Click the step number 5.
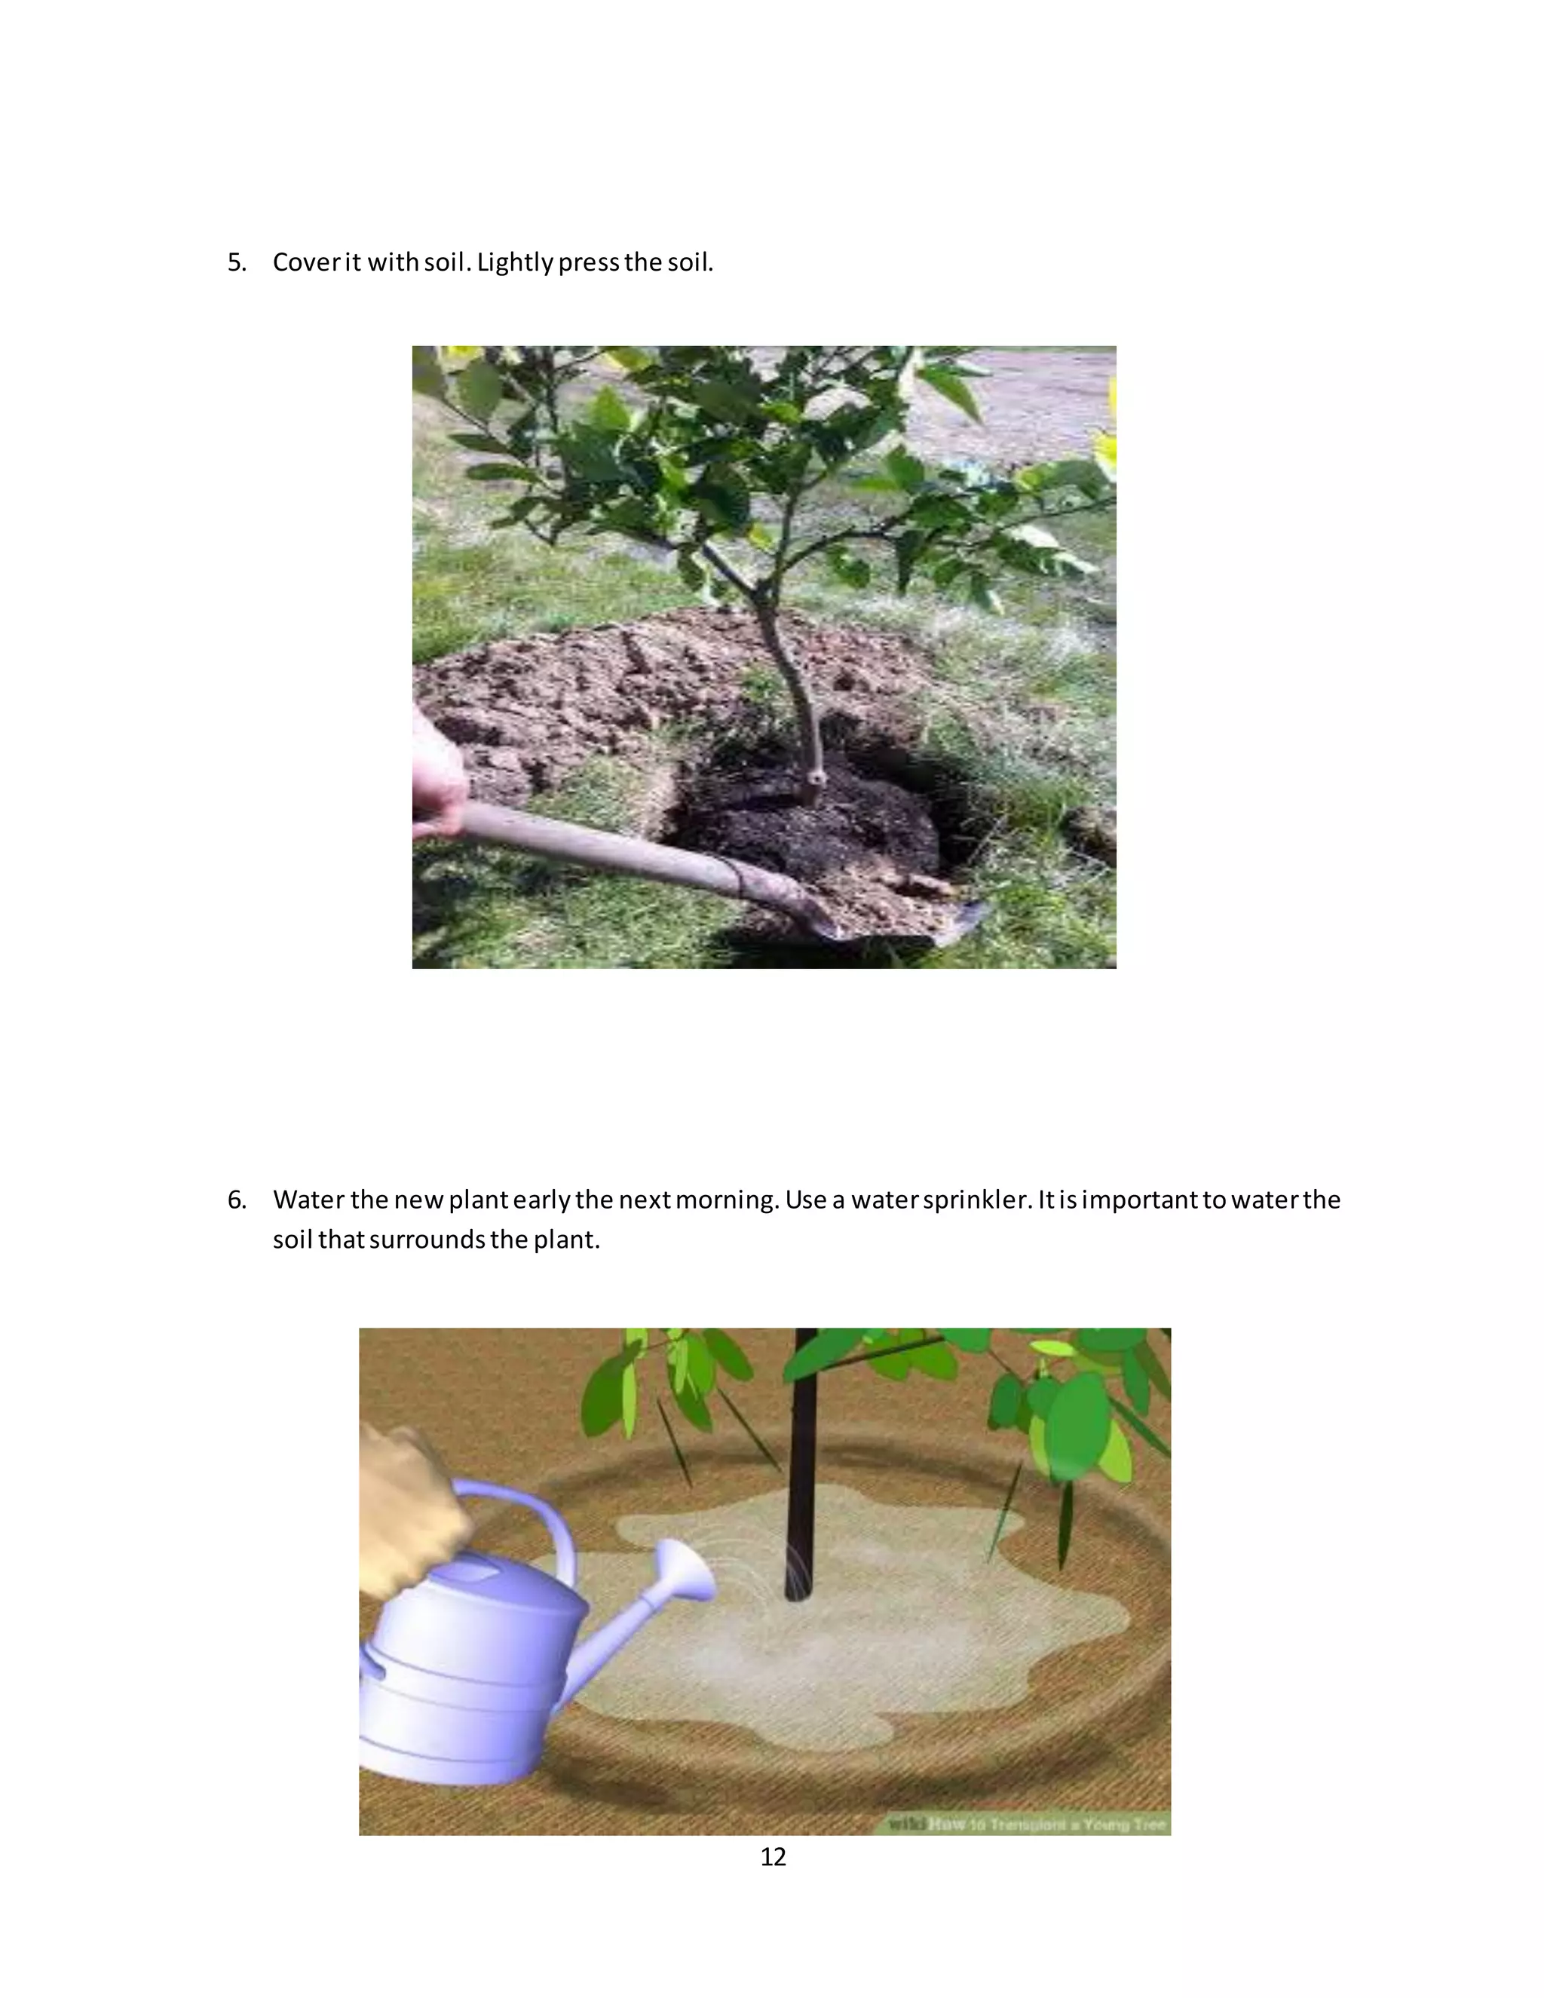pyautogui.click(x=236, y=262)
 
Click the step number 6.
pyautogui.click(x=236, y=1200)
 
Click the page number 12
pyautogui.click(x=773, y=1856)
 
